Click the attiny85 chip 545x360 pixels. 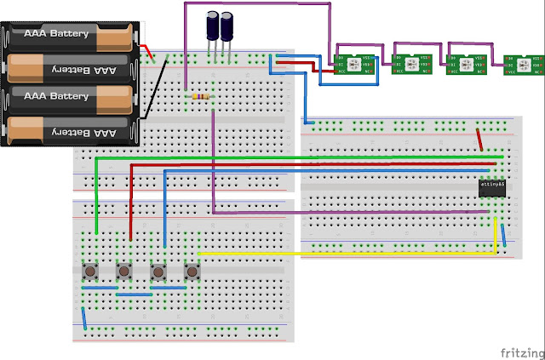[x=492, y=188]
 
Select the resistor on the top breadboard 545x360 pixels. [x=201, y=97]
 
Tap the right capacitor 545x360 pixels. [x=227, y=26]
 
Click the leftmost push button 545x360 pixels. [x=89, y=271]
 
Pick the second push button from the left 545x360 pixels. [x=123, y=271]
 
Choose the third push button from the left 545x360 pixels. [x=158, y=271]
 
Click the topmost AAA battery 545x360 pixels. [x=68, y=35]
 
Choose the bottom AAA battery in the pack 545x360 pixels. [x=68, y=130]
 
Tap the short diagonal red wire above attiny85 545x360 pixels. [x=481, y=139]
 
